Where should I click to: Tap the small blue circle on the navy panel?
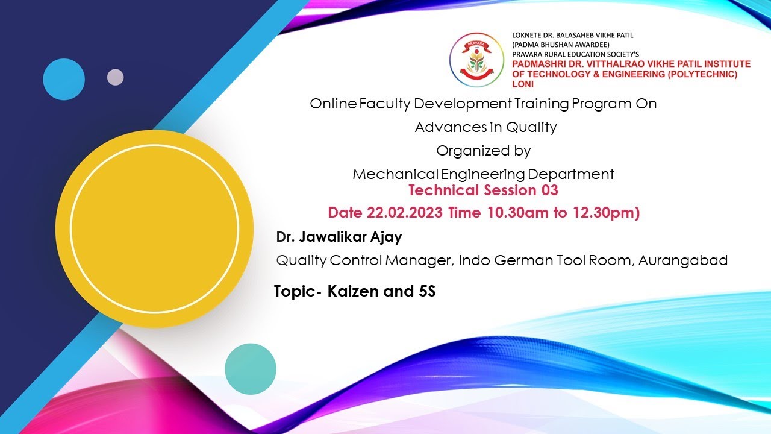64,80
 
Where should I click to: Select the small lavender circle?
115,77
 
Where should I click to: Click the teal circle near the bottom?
251,369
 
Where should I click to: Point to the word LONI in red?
523,84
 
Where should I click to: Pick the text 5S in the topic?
426,292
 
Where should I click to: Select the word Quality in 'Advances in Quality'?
531,127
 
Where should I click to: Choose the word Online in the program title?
332,104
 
